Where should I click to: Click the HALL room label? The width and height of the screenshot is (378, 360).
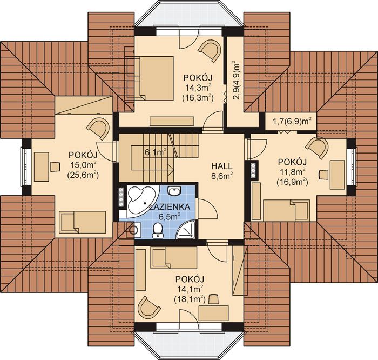point(222,166)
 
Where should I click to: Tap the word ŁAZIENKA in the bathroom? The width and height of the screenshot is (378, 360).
point(170,207)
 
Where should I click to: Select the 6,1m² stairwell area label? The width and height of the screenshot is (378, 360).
point(156,152)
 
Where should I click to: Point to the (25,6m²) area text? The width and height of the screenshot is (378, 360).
point(83,175)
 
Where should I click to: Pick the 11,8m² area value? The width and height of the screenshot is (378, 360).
point(292,171)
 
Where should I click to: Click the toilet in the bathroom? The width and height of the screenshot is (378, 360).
point(158,230)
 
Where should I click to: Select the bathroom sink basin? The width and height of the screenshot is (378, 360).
point(174,191)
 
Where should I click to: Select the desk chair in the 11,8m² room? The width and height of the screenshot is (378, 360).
point(324,174)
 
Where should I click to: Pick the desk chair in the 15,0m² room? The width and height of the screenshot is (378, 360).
point(55,166)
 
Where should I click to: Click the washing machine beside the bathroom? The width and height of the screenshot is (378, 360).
point(133,230)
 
